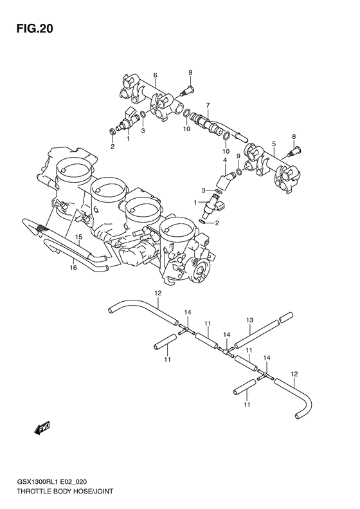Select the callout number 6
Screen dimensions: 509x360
click(155, 76)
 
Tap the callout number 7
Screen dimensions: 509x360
click(208, 104)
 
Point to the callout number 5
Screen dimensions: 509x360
click(273, 144)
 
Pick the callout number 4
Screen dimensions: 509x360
click(225, 160)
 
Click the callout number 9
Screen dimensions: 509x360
click(238, 156)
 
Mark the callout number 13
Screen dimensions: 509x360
click(250, 319)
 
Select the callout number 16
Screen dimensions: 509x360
click(74, 268)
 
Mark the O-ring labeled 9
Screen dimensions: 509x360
click(239, 171)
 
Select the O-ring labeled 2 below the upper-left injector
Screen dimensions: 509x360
click(113, 133)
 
